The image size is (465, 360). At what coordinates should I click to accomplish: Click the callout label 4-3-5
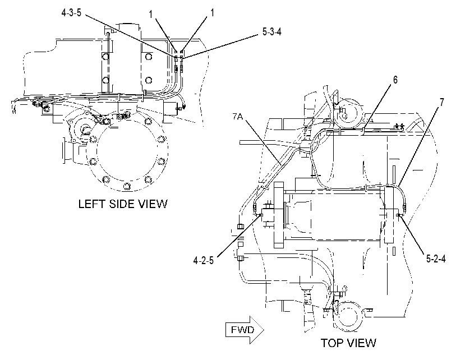click(71, 13)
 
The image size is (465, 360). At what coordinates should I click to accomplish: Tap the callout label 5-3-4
click(272, 32)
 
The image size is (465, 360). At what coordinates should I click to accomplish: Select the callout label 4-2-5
click(204, 260)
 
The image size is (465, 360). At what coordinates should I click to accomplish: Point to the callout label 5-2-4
click(436, 259)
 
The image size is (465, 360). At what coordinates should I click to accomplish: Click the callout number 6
click(395, 80)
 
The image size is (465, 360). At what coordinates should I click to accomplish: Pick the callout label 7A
click(237, 117)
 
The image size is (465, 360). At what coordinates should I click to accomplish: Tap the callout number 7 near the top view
click(442, 102)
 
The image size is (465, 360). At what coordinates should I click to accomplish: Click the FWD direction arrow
click(245, 330)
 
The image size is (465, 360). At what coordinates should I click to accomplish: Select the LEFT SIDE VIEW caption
click(123, 204)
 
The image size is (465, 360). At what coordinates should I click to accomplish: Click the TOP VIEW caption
click(348, 343)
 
